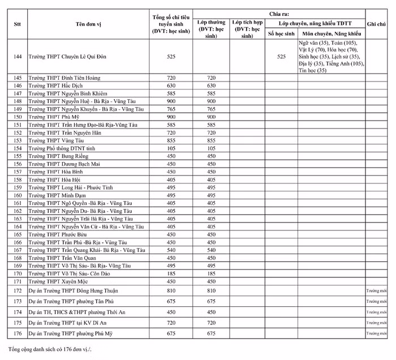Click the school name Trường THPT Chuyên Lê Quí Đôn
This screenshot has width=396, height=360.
[x=68, y=57]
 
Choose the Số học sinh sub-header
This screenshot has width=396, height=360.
[x=281, y=33]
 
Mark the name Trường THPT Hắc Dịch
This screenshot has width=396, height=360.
[x=55, y=85]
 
